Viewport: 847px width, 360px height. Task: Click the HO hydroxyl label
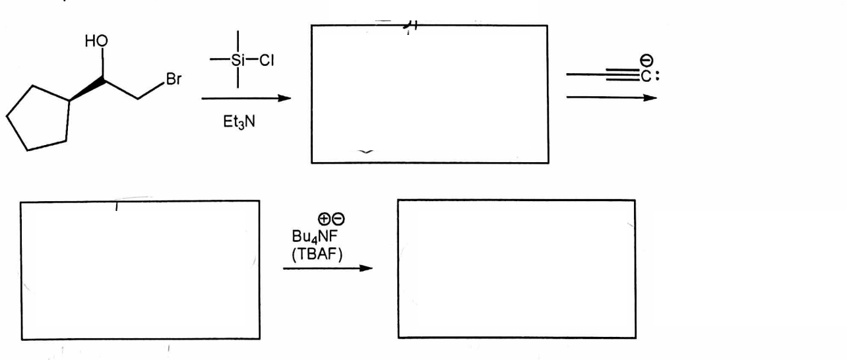click(96, 41)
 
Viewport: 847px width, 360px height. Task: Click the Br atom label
click(173, 79)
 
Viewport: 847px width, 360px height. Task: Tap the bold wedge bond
click(86, 90)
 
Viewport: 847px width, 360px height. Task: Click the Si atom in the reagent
click(238, 60)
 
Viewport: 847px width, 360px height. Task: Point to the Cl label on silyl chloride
click(267, 60)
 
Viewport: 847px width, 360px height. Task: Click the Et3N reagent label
click(239, 121)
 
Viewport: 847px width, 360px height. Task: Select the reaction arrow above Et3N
click(246, 99)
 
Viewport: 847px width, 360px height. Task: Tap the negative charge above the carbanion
click(646, 60)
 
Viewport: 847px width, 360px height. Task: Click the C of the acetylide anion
click(646, 76)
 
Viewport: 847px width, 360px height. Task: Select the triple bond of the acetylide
click(623, 75)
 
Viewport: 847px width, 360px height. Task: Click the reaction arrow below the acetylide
click(612, 98)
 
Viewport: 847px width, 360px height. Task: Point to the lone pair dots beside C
click(657, 76)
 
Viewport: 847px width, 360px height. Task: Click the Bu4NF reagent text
click(315, 237)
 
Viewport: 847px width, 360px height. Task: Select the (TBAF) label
click(317, 255)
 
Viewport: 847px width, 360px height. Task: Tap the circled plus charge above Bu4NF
click(324, 219)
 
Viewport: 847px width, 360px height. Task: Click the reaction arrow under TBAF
click(328, 268)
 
